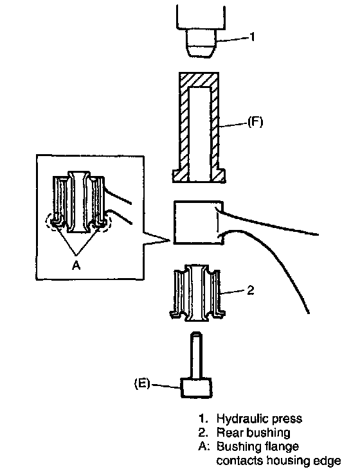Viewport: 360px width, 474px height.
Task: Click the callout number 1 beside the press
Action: click(x=252, y=37)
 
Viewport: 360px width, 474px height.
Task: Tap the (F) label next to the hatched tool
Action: click(x=255, y=122)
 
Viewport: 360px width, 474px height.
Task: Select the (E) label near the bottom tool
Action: click(x=142, y=383)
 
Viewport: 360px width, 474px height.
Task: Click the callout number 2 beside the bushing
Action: click(x=251, y=290)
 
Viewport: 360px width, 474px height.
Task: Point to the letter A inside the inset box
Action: click(x=76, y=265)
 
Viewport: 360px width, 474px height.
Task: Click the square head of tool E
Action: click(x=196, y=387)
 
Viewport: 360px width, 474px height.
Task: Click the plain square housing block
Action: click(x=199, y=222)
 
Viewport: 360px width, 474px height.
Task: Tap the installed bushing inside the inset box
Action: click(x=78, y=202)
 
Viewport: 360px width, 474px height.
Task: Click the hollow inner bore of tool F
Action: click(x=199, y=134)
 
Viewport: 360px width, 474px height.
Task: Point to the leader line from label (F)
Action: click(x=233, y=125)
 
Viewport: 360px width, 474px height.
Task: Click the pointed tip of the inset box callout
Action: click(x=168, y=240)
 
